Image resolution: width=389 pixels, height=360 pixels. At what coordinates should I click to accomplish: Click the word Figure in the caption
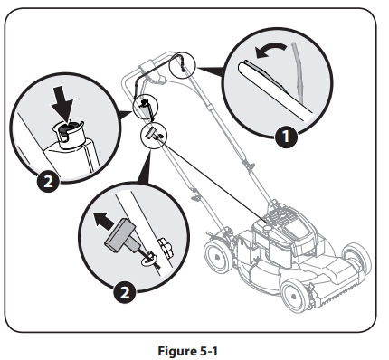pos(170,345)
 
